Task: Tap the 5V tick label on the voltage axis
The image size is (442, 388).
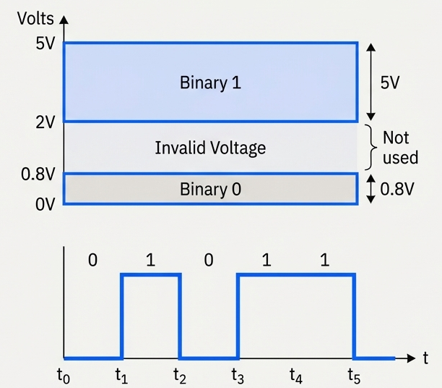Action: pyautogui.click(x=45, y=43)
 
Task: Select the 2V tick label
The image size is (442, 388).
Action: pyautogui.click(x=45, y=122)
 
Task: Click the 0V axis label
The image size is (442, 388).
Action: pyautogui.click(x=44, y=204)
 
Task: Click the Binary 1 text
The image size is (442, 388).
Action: pyautogui.click(x=210, y=83)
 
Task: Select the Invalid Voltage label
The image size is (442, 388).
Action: pyautogui.click(x=210, y=148)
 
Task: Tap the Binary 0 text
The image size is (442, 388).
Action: pyautogui.click(x=210, y=190)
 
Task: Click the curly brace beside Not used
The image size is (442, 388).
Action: pyautogui.click(x=372, y=146)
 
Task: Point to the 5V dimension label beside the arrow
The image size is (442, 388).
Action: pyautogui.click(x=389, y=83)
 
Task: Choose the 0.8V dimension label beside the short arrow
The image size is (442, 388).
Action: pyautogui.click(x=398, y=190)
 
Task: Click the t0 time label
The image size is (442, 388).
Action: pyautogui.click(x=64, y=375)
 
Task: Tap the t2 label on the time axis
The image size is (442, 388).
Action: pyautogui.click(x=180, y=375)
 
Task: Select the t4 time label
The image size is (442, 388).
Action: pyautogui.click(x=296, y=375)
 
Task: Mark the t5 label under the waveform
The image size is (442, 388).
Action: pyautogui.click(x=354, y=375)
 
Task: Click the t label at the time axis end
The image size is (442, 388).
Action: pyautogui.click(x=427, y=358)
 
